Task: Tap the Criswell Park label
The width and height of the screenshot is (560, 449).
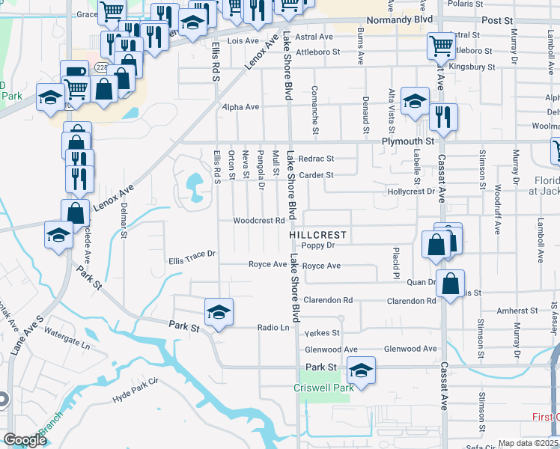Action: [325, 388]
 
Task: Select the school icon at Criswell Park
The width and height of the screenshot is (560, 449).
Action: [361, 371]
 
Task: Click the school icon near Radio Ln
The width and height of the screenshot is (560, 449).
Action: [219, 311]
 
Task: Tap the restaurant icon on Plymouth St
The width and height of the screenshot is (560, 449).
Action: [443, 118]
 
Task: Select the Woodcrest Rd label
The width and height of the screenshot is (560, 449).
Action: [259, 221]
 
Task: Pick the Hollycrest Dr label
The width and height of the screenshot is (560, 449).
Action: [411, 192]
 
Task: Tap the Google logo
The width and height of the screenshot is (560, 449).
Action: [25, 440]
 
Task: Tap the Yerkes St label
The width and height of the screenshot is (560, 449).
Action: [325, 332]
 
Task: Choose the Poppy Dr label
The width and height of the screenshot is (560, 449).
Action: [317, 245]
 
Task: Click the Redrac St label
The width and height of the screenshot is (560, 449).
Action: [315, 159]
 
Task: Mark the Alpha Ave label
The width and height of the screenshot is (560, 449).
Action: [240, 107]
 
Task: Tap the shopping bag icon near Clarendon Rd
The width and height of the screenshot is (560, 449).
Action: [450, 284]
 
